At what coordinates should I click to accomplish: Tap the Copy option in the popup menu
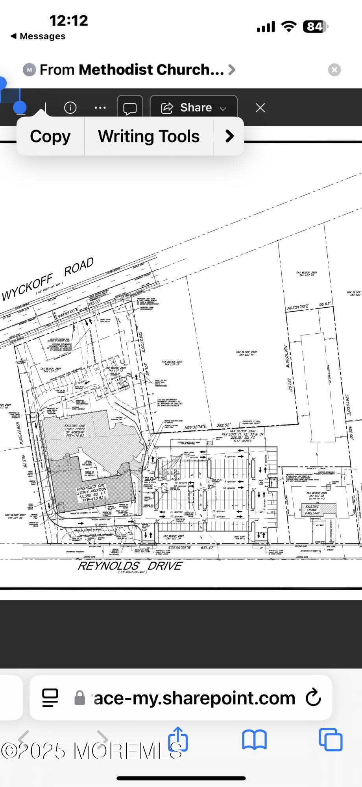[50, 137]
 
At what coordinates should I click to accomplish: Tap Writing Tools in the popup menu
[149, 137]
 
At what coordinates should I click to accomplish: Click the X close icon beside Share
[260, 108]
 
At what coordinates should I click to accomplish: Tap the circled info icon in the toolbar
[70, 108]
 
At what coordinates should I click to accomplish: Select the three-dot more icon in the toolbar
[100, 108]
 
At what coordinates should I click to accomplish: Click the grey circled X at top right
[334, 70]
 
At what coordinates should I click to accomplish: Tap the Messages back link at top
[38, 36]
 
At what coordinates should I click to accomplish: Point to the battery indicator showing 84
[315, 27]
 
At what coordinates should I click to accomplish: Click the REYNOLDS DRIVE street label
[130, 566]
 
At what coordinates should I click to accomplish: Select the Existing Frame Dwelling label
[312, 510]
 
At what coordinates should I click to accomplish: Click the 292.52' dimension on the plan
[223, 425]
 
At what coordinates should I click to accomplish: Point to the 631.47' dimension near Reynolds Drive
[209, 547]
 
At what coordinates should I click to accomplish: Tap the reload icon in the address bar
[313, 698]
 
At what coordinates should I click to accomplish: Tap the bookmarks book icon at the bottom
[254, 740]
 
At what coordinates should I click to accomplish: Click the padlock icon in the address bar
[80, 698]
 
